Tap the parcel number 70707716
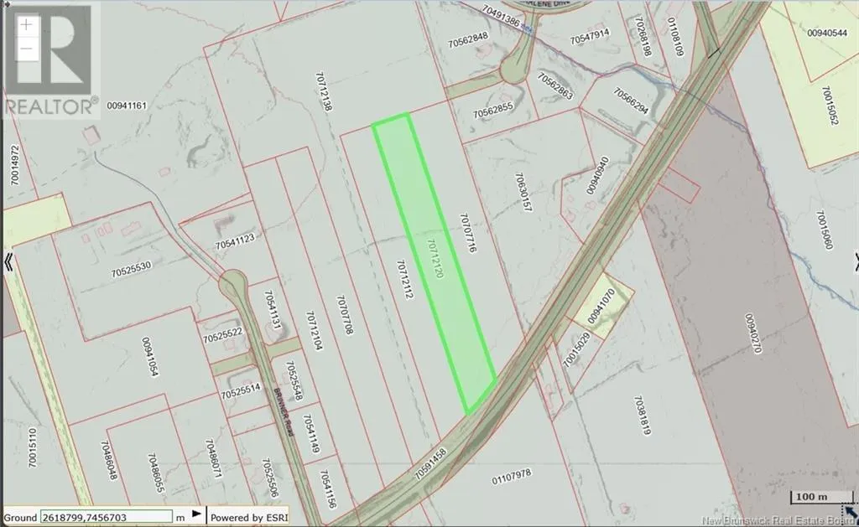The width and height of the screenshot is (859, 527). [467, 234]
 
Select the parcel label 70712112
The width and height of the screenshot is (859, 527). [403, 280]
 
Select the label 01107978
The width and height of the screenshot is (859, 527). [512, 476]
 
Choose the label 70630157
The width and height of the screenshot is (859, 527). [523, 193]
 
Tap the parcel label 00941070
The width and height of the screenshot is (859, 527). [602, 306]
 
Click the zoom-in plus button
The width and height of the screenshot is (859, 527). [27, 23]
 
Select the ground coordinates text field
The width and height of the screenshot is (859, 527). [106, 517]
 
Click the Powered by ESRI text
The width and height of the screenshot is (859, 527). [249, 517]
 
